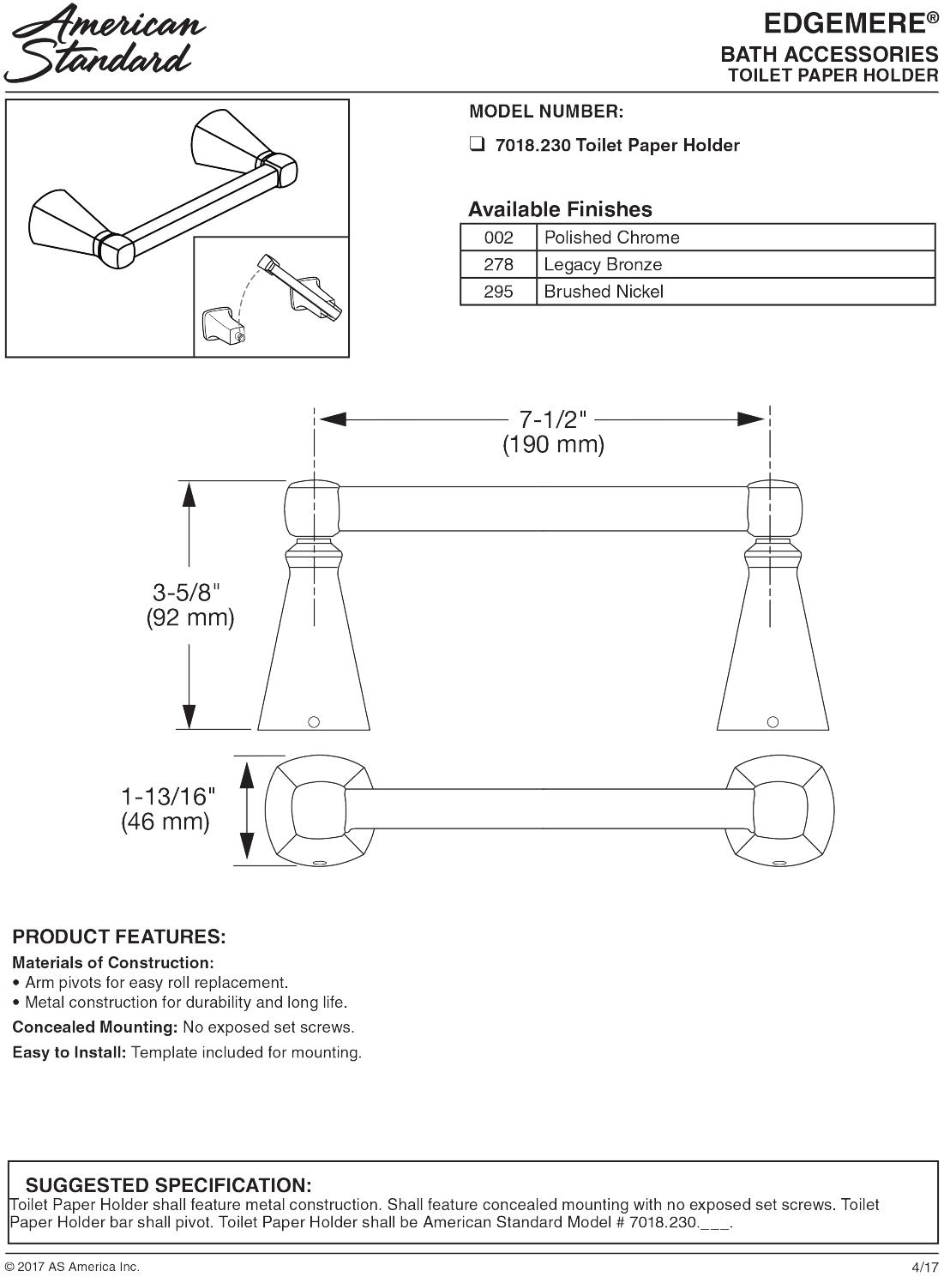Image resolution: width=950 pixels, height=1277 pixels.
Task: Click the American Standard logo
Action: (x=105, y=45)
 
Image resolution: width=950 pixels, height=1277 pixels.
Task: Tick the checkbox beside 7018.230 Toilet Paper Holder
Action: (x=478, y=144)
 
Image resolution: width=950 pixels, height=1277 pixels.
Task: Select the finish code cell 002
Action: (x=499, y=238)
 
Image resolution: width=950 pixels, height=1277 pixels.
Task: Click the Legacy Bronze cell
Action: (x=736, y=264)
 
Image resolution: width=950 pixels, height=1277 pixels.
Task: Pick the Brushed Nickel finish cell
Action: (x=736, y=292)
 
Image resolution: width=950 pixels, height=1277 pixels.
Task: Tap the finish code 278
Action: (x=499, y=264)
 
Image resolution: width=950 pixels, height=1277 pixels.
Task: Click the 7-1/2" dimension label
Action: (x=553, y=419)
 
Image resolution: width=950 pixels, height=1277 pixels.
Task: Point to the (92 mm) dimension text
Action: (x=190, y=617)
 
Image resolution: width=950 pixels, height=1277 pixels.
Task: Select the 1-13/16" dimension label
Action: (x=167, y=797)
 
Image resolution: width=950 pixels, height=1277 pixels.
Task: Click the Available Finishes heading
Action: (x=560, y=209)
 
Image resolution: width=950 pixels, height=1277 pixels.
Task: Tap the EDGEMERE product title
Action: (x=851, y=23)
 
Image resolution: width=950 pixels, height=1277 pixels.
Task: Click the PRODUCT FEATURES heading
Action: (x=118, y=937)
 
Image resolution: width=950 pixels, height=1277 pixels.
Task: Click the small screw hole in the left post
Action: (x=314, y=721)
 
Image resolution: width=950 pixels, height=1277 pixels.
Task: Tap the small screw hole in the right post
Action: (x=773, y=721)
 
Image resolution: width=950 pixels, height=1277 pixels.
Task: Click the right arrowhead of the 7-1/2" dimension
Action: (x=751, y=419)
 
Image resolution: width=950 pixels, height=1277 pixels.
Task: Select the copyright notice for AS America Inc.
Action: (x=72, y=1267)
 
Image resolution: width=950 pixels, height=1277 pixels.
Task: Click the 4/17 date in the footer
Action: (x=925, y=1267)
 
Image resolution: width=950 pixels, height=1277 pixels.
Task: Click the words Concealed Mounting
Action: (x=94, y=1027)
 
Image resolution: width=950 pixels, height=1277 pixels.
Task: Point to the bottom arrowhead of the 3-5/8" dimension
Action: (x=189, y=716)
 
